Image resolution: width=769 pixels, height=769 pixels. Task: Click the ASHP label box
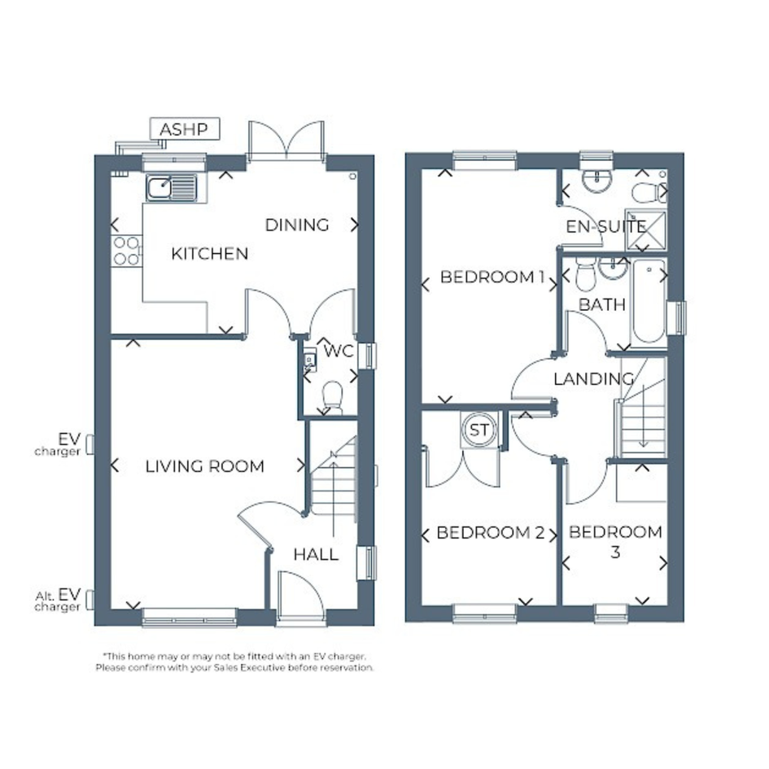pyautogui.click(x=185, y=129)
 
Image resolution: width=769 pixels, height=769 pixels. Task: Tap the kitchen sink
pyautogui.click(x=172, y=188)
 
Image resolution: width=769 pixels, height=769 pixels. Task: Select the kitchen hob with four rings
pyautogui.click(x=126, y=251)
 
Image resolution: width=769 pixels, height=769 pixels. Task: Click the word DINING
pyautogui.click(x=297, y=225)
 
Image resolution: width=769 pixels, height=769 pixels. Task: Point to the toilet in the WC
pyautogui.click(x=333, y=397)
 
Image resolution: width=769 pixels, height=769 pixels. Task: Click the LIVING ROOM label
pyautogui.click(x=204, y=466)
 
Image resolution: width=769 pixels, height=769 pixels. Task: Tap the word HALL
pyautogui.click(x=316, y=555)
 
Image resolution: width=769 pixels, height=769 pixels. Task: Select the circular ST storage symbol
pyautogui.click(x=478, y=430)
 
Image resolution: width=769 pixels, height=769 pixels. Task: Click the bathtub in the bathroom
pyautogui.click(x=649, y=300)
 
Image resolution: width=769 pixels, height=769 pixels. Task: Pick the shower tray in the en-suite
pyautogui.click(x=646, y=229)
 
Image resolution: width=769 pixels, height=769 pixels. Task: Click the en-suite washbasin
pyautogui.click(x=596, y=181)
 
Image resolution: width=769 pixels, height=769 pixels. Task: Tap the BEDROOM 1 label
pyautogui.click(x=492, y=277)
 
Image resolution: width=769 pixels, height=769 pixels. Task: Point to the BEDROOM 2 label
pyautogui.click(x=491, y=533)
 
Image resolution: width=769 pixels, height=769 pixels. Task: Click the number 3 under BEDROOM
pyautogui.click(x=615, y=553)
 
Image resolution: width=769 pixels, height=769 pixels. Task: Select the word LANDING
pyautogui.click(x=593, y=379)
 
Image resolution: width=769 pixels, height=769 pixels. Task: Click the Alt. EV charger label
pyautogui.click(x=58, y=601)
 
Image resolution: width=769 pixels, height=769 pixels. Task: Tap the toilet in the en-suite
pyautogui.click(x=649, y=192)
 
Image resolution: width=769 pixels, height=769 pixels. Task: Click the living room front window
pyautogui.click(x=190, y=618)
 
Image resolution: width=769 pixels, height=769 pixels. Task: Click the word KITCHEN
pyautogui.click(x=209, y=254)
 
